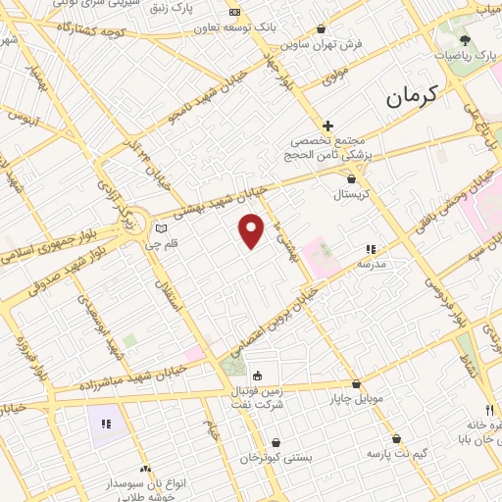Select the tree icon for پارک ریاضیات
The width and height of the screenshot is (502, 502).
tap(464, 41)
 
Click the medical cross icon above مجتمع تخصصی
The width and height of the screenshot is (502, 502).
tap(327, 125)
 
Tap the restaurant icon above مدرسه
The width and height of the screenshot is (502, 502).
tap(371, 250)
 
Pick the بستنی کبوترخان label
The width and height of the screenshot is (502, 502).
tap(277, 457)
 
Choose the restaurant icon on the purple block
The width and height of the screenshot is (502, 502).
tap(107, 424)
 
